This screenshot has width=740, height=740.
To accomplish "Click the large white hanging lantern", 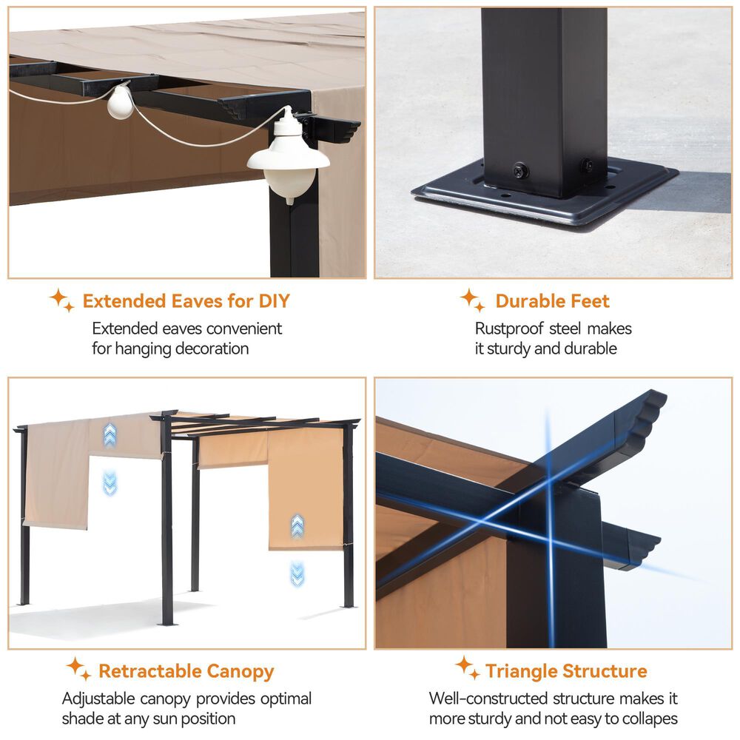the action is pos(288,158).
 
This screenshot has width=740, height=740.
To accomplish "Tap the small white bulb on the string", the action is pos(120,101).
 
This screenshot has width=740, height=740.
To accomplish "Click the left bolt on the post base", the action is pos(520,170).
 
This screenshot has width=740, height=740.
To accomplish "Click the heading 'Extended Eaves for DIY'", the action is pos(186,301).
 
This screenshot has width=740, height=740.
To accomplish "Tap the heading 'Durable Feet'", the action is pos(552,301).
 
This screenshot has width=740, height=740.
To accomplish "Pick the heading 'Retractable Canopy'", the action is pos(186,672).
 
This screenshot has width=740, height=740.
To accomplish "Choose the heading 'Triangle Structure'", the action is pos(566,671).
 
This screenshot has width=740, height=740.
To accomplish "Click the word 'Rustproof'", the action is pos(509,329).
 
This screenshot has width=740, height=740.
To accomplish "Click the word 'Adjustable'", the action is pos(98,699).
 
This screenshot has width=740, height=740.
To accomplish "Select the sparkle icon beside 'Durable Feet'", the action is pos(472,300).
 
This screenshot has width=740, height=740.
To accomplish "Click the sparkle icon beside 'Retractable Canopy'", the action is pos(78,669).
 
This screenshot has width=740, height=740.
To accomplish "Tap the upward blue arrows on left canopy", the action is pos(110,434).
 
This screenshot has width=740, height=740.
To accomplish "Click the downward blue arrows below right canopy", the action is pos(297,574).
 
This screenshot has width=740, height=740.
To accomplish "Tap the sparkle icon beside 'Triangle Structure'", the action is pos(468,667).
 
